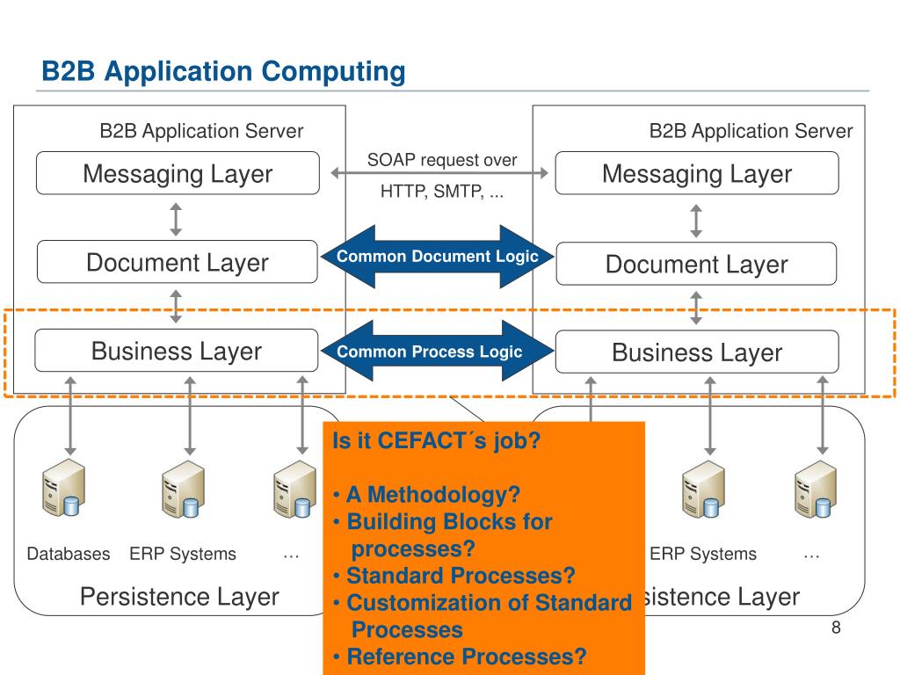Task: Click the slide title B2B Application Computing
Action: pyautogui.click(x=223, y=72)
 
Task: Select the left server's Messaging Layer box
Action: pyautogui.click(x=178, y=173)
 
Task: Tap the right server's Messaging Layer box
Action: pyautogui.click(x=697, y=173)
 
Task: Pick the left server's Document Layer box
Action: pyautogui.click(x=178, y=262)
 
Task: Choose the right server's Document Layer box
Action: pyautogui.click(x=697, y=264)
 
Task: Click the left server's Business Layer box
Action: pyautogui.click(x=177, y=351)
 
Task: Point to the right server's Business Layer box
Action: pyautogui.click(x=697, y=352)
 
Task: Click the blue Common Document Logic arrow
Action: pyautogui.click(x=438, y=257)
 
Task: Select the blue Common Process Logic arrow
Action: pyautogui.click(x=438, y=352)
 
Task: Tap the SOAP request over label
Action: pyautogui.click(x=442, y=160)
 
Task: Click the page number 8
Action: pyautogui.click(x=836, y=628)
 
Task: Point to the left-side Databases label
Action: pyautogui.click(x=69, y=554)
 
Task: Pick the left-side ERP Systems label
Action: pyautogui.click(x=183, y=554)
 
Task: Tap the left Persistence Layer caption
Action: pyautogui.click(x=179, y=597)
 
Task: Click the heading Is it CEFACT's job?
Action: pyautogui.click(x=436, y=441)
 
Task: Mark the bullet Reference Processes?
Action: pyautogui.click(x=466, y=657)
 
